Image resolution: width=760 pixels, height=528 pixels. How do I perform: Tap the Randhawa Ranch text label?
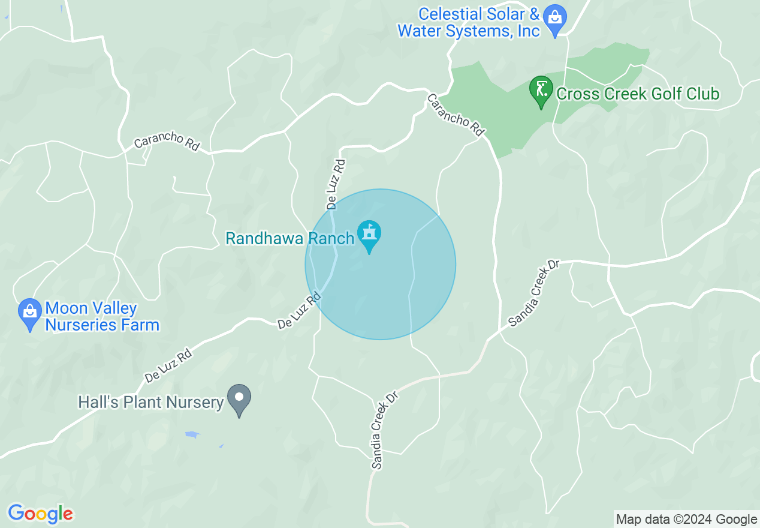pos(289,239)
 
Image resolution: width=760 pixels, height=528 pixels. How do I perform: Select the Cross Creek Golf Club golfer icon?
pos(541,91)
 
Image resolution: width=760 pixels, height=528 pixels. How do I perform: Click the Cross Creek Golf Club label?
pos(638,94)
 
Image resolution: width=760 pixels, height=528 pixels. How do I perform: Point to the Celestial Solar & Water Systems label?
pos(469,23)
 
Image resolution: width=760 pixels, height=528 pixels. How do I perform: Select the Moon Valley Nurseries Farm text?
pos(102,317)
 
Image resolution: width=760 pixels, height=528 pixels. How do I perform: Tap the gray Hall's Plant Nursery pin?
pos(239,399)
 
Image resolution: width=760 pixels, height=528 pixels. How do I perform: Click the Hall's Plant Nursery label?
pos(150,402)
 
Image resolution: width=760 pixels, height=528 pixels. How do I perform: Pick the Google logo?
pos(40,514)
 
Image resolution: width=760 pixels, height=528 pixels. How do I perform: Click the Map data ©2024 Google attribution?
pos(687,520)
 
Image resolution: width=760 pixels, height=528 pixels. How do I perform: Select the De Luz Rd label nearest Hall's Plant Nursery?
pos(168,367)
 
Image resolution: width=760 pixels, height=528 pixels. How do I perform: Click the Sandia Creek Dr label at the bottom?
pos(384,430)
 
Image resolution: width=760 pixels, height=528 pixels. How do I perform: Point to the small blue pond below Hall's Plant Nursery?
pos(192,434)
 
